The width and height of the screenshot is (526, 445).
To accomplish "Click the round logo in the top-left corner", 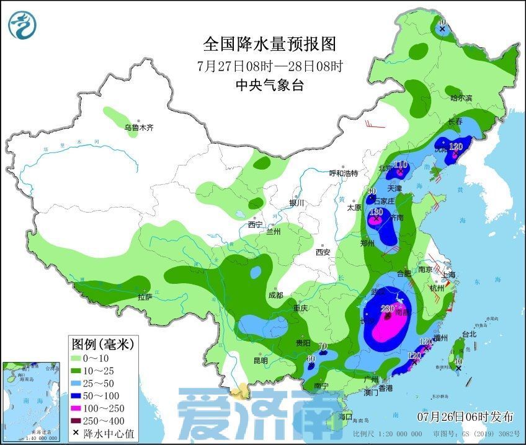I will click(x=22, y=24).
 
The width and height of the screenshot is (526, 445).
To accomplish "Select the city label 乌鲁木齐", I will click(x=138, y=128).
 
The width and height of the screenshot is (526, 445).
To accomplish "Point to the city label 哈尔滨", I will click(x=461, y=98).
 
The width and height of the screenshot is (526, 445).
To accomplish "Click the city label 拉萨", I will click(x=145, y=297).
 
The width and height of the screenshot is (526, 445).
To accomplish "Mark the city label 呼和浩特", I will click(x=343, y=173).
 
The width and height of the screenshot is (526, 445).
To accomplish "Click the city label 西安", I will click(x=323, y=252).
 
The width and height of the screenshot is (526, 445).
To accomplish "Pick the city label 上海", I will click(x=448, y=275).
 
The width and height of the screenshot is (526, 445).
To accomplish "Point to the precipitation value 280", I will click(x=387, y=308).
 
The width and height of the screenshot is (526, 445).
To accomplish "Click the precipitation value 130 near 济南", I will click(x=377, y=212).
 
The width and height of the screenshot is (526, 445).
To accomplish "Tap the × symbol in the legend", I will click(x=75, y=433).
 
